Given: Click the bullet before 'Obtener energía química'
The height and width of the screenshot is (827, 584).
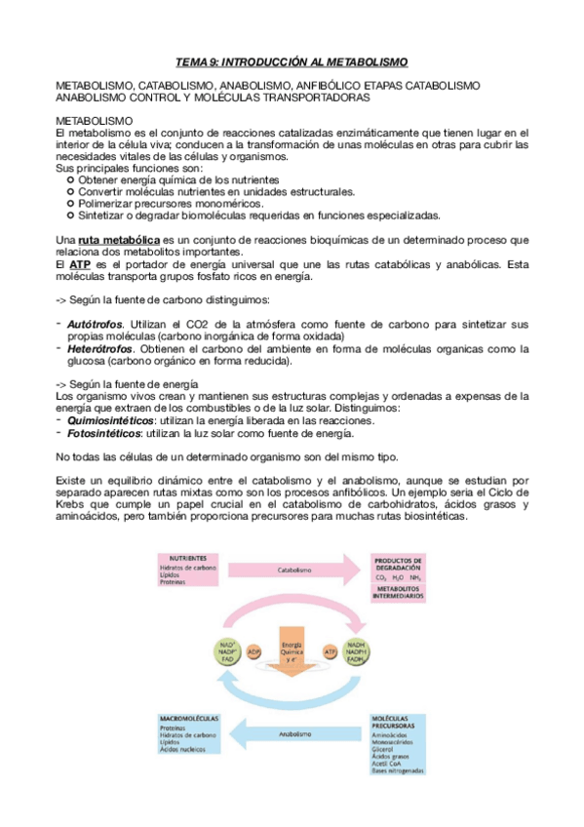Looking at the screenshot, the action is point(69,180).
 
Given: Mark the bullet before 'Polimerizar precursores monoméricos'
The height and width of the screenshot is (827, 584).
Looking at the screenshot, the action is point(69,204).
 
